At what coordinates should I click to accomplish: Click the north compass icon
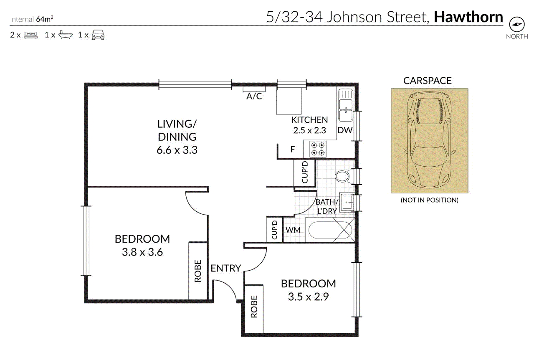pos(516,24)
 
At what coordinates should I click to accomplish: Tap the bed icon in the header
pos(31,35)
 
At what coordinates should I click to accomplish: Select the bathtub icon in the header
pos(66,35)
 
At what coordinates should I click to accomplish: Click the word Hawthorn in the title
pos(468,17)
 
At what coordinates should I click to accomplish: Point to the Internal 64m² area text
pos(32,19)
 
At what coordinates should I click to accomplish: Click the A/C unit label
pos(254,96)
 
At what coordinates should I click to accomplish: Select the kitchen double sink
pos(346,105)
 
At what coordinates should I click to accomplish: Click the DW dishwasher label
pos(345,130)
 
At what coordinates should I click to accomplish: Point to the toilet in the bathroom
pos(344,176)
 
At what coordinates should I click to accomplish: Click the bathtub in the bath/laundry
pos(330,230)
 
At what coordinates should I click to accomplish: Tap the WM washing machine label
pos(293,230)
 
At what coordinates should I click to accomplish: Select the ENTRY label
pos(226,268)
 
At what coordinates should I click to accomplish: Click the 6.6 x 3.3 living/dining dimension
pos(177,150)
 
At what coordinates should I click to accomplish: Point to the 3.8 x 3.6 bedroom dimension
pos(142,252)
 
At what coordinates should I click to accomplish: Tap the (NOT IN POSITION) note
pos(429,200)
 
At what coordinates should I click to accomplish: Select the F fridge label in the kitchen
pos(293,150)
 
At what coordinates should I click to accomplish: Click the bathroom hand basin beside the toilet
pos(347,202)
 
